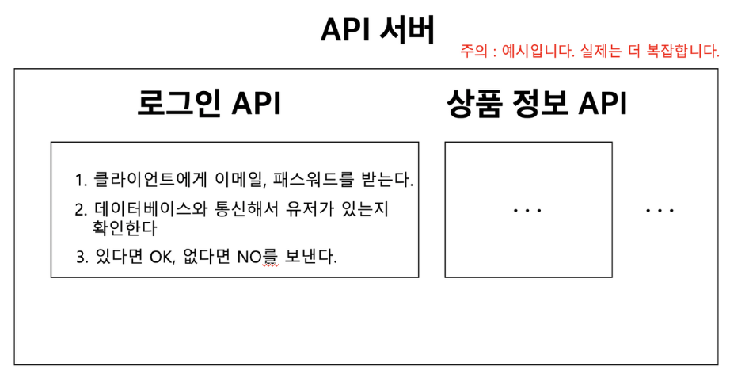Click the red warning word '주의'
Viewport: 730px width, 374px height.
click(x=472, y=52)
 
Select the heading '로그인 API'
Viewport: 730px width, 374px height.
click(x=208, y=103)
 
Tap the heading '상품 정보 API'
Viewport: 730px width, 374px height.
click(x=536, y=103)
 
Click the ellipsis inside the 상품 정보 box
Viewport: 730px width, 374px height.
click(x=527, y=211)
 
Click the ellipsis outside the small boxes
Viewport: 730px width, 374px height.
click(x=660, y=211)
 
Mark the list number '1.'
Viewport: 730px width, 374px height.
click(x=81, y=180)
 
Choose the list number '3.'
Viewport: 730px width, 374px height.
click(x=82, y=258)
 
